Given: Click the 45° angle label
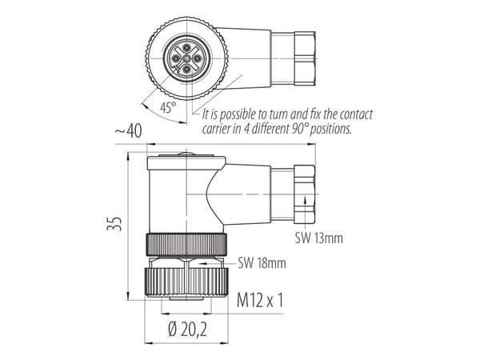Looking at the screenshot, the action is [x=168, y=107].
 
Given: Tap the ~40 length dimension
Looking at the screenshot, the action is [x=128, y=131].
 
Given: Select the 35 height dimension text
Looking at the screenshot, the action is [x=114, y=224].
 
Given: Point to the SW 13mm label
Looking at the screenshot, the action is [x=319, y=238].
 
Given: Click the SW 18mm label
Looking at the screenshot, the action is [x=262, y=263].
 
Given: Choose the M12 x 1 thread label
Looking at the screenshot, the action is [x=260, y=300].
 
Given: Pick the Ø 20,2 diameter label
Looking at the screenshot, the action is [x=187, y=330].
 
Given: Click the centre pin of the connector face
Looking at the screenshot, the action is [x=186, y=58].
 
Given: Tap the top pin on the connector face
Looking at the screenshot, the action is [x=186, y=47].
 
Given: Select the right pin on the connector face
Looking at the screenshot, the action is [x=198, y=58].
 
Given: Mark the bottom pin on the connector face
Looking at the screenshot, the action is [x=186, y=70].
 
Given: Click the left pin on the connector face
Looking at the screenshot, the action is [x=175, y=58].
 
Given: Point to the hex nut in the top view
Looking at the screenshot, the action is [x=305, y=58].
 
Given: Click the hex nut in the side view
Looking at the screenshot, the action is [x=305, y=194].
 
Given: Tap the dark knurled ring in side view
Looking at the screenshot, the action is [x=186, y=245].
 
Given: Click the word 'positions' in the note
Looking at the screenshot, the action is [x=330, y=129].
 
